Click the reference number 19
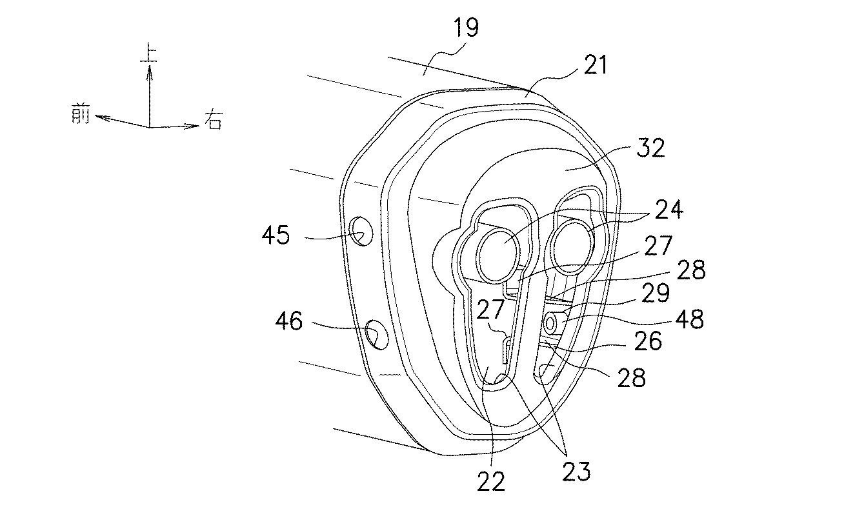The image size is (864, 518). (467, 29)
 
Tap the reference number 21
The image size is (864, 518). (594, 65)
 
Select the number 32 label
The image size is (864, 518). (650, 148)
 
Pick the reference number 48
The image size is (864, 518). (688, 319)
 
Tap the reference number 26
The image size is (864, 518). (647, 341)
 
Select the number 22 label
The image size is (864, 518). (491, 481)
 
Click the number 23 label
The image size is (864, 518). (576, 472)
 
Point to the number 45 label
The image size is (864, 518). (276, 235)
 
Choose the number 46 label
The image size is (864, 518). (288, 321)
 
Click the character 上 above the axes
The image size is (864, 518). (149, 52)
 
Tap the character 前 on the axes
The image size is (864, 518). (81, 116)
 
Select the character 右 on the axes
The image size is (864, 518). (214, 121)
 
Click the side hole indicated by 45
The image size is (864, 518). (361, 230)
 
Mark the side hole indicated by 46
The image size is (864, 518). (374, 334)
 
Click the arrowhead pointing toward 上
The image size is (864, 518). (149, 70)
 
